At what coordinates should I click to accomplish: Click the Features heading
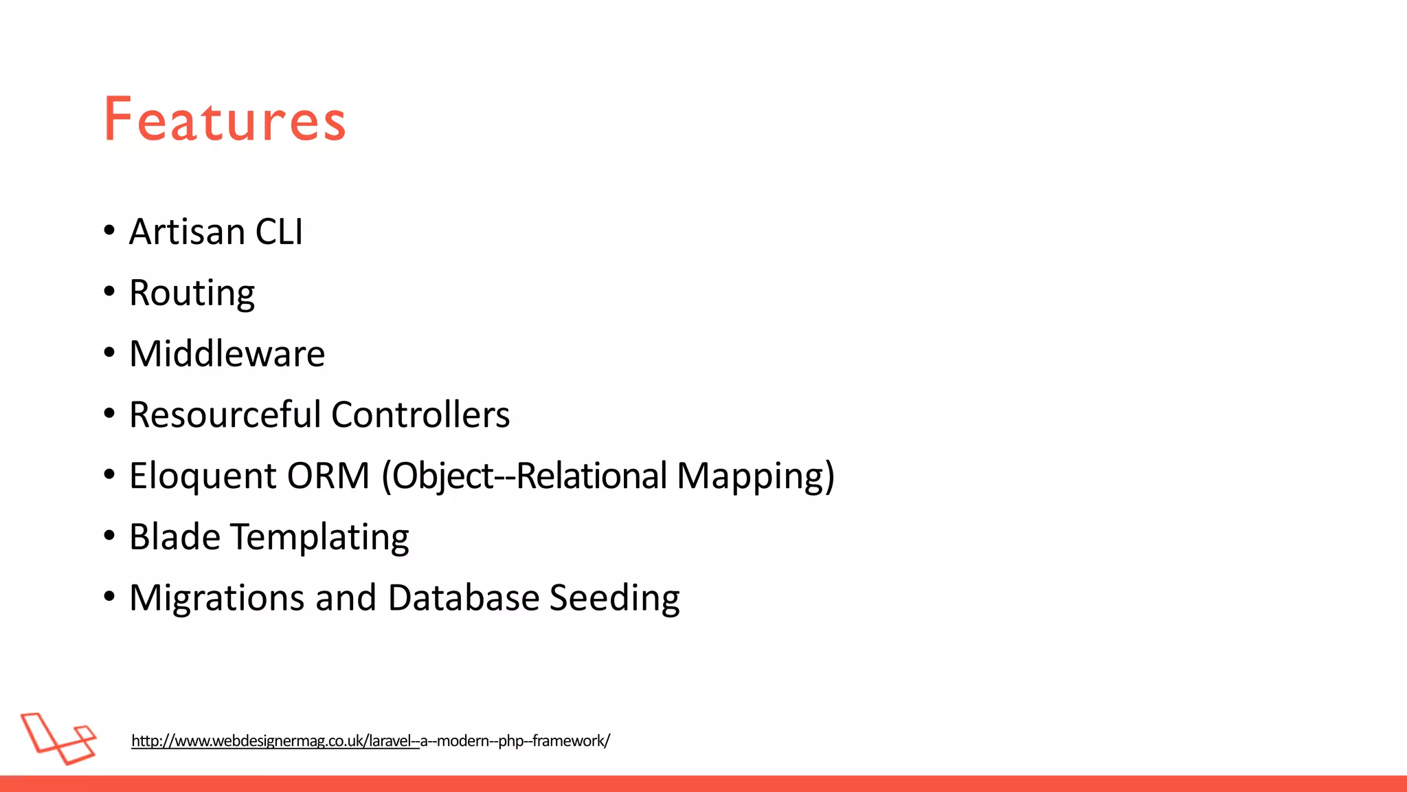click(225, 120)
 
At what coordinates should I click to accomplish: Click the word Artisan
click(187, 232)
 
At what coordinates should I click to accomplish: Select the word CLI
click(279, 232)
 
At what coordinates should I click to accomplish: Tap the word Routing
click(192, 294)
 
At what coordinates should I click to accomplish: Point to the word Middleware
click(227, 354)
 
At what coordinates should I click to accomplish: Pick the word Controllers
click(420, 415)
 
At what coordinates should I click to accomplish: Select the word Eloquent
click(203, 476)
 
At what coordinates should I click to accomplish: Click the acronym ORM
click(328, 476)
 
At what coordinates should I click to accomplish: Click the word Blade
click(175, 537)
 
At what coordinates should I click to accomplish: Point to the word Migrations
click(216, 597)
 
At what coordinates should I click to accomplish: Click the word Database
click(464, 597)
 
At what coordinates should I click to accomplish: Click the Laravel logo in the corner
click(58, 738)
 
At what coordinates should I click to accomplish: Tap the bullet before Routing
click(109, 292)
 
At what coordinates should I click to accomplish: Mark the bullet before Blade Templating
click(109, 536)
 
